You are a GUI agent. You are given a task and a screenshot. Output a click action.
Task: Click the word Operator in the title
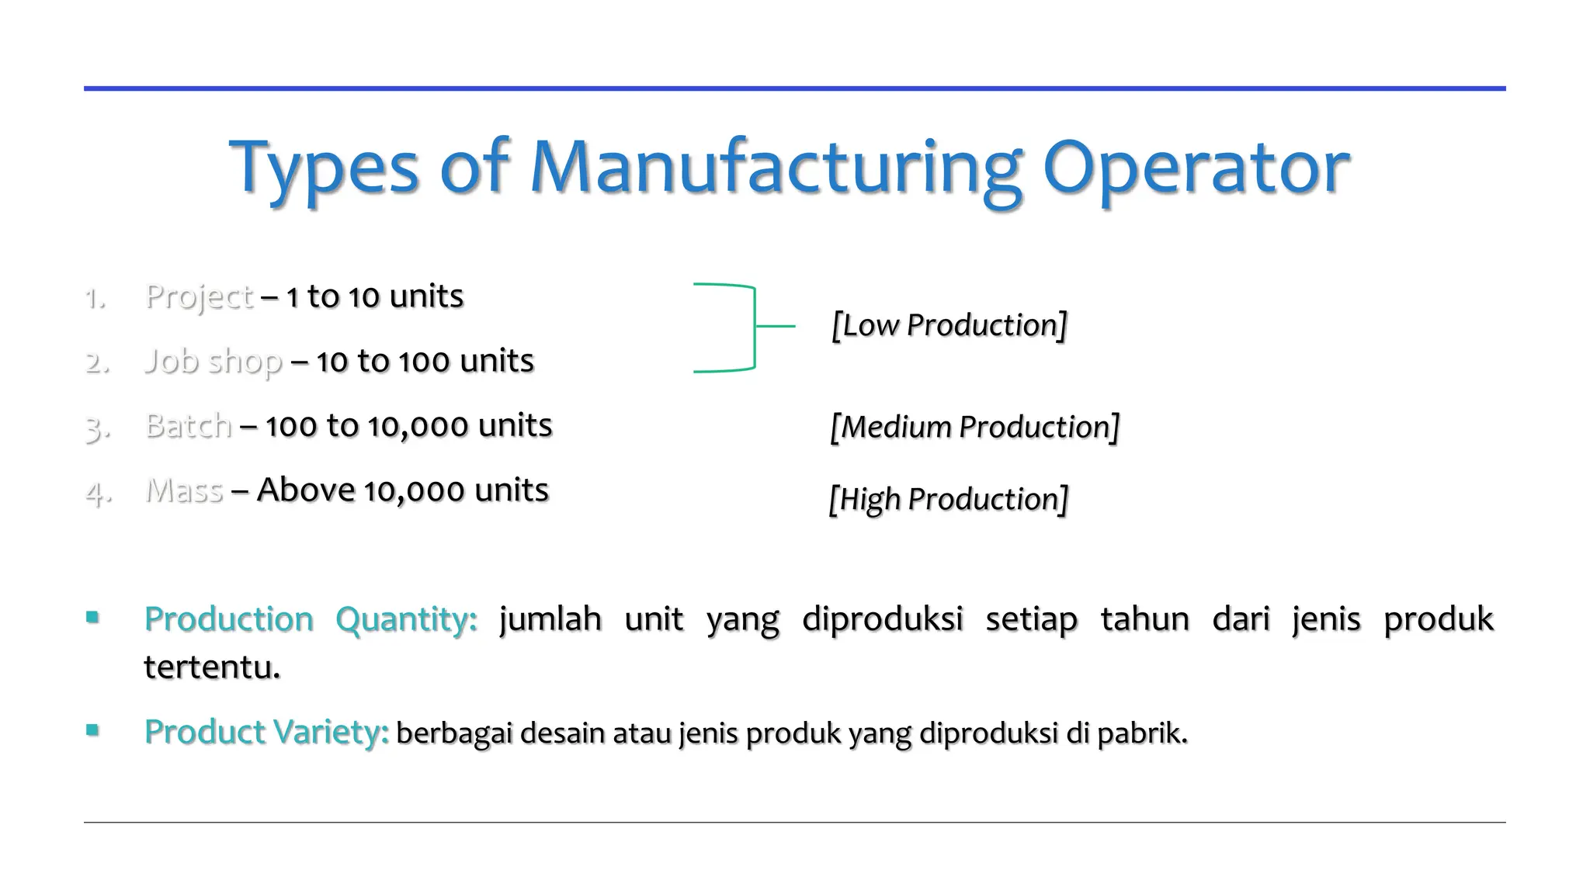click(1196, 167)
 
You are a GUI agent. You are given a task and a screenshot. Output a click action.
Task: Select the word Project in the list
click(200, 297)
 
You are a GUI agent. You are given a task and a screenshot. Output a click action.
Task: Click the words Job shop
click(214, 362)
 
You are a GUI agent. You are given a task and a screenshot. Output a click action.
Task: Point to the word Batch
click(189, 426)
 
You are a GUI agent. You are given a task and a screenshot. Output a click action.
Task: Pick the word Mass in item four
click(185, 490)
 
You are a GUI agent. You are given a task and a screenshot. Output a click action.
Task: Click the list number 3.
click(96, 428)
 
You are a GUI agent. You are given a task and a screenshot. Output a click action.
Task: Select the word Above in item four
click(306, 490)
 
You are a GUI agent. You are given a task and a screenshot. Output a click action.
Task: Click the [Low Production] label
click(949, 325)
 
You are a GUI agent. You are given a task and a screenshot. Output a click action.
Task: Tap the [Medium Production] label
click(974, 428)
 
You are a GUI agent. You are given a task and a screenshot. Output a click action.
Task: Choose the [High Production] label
click(948, 499)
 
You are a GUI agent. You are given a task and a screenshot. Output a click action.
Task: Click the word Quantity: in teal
click(406, 619)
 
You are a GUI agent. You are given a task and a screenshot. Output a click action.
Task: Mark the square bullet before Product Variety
click(93, 730)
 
